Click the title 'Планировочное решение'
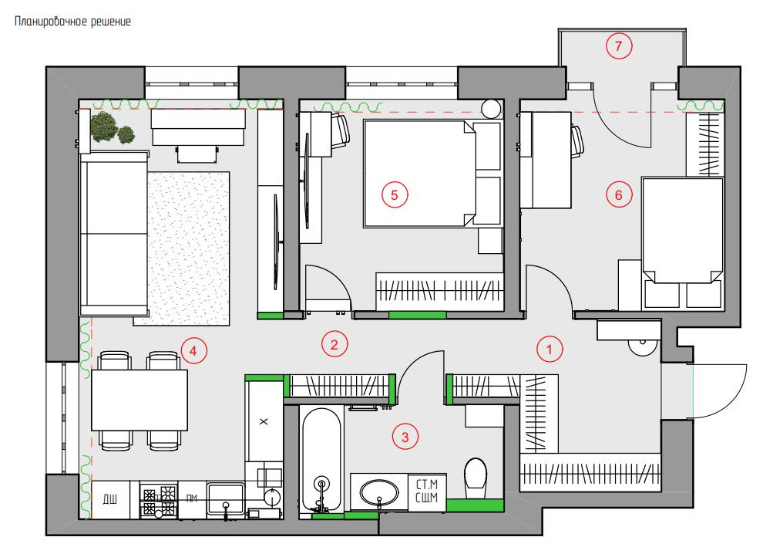[72, 22]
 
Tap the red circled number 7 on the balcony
[618, 46]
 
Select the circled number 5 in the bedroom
[394, 195]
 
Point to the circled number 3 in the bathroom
[405, 437]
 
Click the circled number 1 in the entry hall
[550, 349]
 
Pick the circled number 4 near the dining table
[193, 350]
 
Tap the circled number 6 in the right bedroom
[618, 195]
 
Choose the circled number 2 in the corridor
[334, 344]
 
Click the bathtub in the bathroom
[321, 460]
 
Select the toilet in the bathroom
[476, 478]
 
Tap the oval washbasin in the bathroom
[379, 492]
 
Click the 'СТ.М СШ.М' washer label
[427, 492]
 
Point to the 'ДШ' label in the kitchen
[110, 499]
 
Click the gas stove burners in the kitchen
[159, 501]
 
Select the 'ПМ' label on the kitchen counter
[192, 498]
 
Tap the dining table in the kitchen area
[139, 400]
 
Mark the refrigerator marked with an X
[264, 421]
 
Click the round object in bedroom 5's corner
[491, 109]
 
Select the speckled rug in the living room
[188, 248]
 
